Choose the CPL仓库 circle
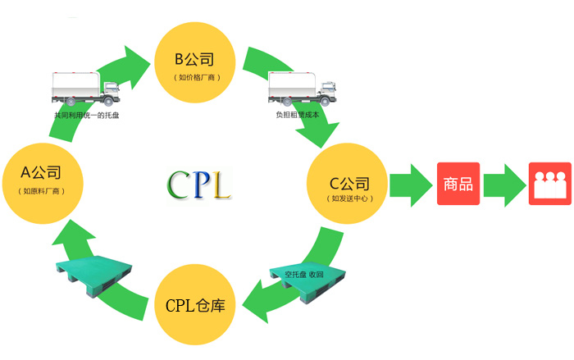pos(195,305)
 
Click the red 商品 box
pos(458,184)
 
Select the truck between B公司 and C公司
pos(303,89)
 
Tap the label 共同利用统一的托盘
pos(86,115)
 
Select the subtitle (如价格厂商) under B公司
pos(197,77)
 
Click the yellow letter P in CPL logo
pos(199,185)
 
